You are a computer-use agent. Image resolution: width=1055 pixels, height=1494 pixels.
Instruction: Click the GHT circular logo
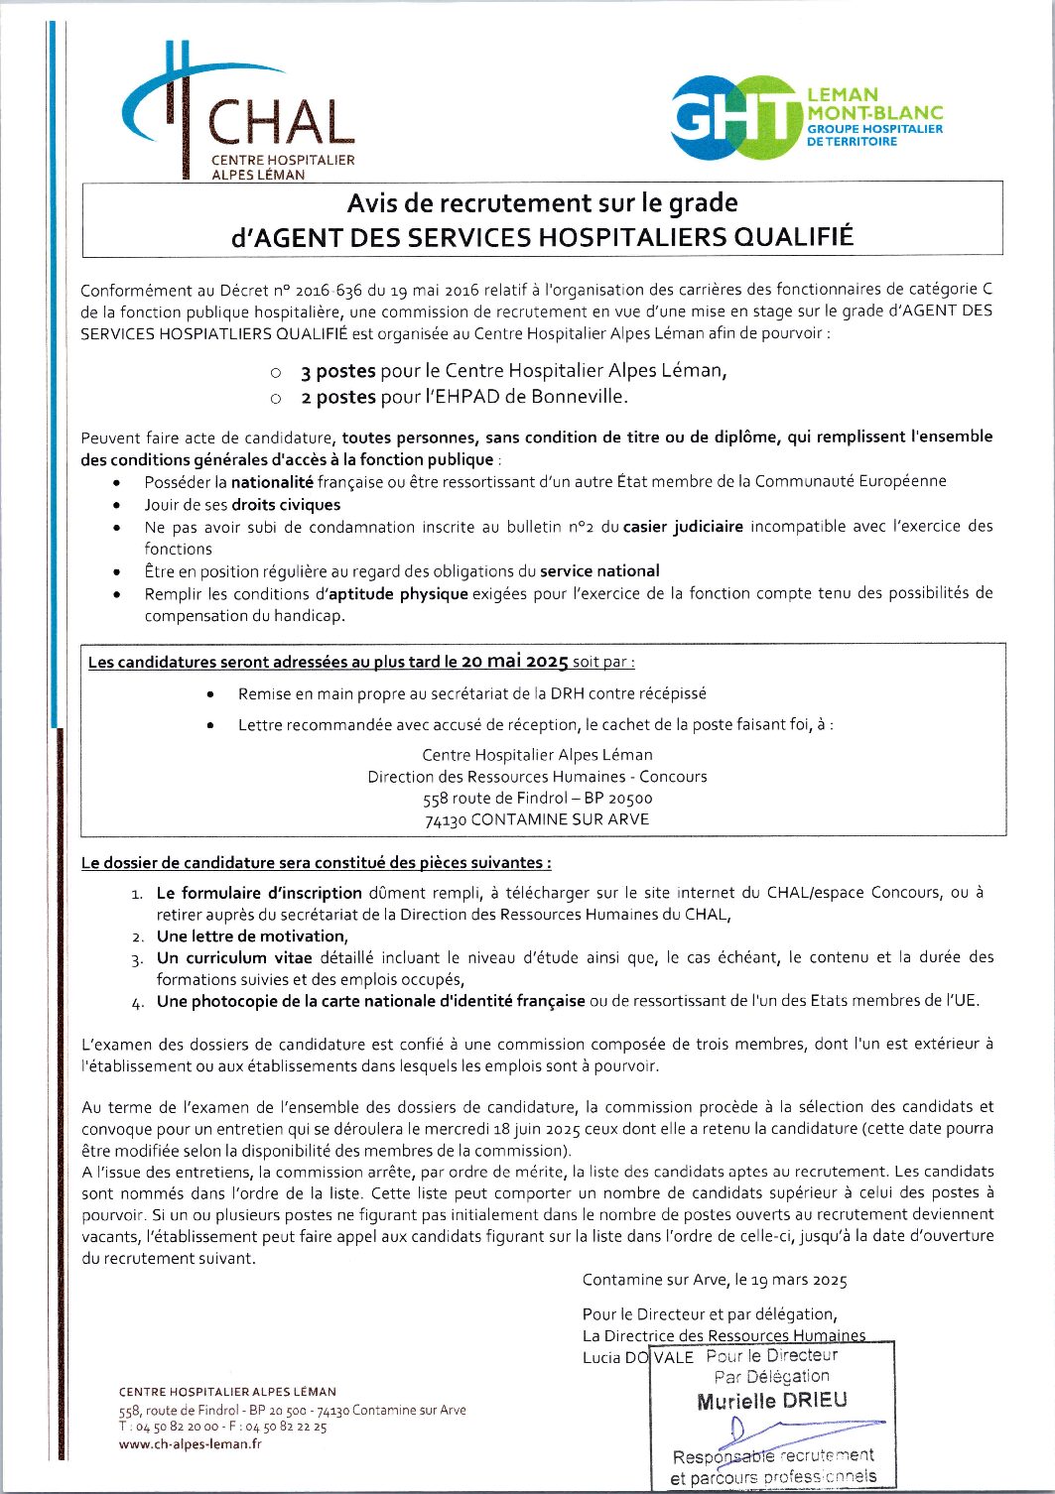coord(735,118)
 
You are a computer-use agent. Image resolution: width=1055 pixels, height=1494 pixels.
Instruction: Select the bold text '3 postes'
coord(337,371)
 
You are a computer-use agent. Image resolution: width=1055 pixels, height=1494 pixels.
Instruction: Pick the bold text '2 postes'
coord(337,397)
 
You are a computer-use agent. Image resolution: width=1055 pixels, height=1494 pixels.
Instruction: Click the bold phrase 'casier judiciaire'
coord(683,527)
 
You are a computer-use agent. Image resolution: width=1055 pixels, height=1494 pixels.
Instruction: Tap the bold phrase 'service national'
coord(599,570)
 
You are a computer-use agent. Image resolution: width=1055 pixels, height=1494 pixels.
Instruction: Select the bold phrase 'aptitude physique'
coord(398,593)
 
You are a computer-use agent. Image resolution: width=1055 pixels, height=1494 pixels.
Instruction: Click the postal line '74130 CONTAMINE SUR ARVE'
coord(537,819)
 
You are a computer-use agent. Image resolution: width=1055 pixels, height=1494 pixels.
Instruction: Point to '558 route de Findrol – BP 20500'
coord(537,798)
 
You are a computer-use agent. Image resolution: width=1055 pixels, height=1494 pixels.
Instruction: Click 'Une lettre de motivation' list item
coord(252,935)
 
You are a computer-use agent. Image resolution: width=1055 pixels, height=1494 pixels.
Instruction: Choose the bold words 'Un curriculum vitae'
coord(234,957)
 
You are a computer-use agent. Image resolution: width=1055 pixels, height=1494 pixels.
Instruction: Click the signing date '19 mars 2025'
coord(800,1280)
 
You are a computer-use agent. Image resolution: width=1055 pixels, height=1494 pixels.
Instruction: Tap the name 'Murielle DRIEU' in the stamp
coord(772,1401)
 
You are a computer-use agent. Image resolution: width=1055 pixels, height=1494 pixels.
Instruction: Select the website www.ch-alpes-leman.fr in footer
coord(191,1443)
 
